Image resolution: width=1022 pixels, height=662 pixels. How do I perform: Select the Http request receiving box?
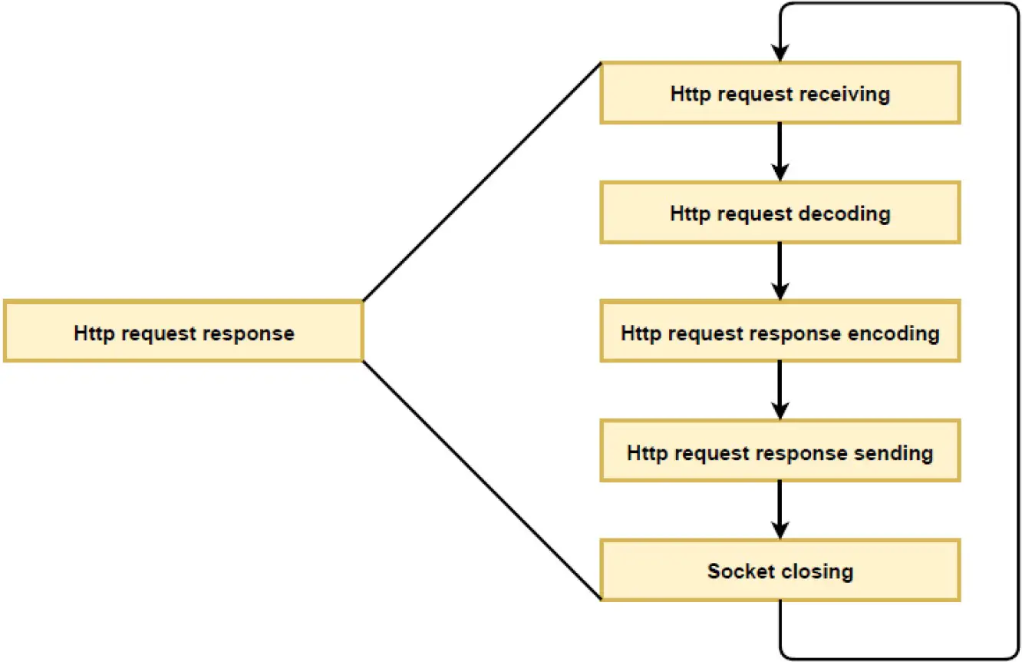[780, 93]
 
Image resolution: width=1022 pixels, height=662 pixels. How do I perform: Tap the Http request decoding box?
[780, 213]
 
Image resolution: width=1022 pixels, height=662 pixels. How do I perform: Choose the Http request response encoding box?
[780, 332]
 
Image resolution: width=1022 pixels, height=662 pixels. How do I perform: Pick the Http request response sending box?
[780, 451]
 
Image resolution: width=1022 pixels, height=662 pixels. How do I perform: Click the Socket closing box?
[780, 571]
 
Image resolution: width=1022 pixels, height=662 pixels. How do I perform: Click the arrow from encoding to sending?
[780, 390]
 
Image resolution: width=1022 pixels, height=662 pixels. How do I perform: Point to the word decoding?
[844, 213]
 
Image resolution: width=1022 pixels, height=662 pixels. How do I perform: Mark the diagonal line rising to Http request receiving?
[481, 182]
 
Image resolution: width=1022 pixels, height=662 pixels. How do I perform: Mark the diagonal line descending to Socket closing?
[481, 479]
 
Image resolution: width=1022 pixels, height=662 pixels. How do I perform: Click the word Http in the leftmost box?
[94, 333]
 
